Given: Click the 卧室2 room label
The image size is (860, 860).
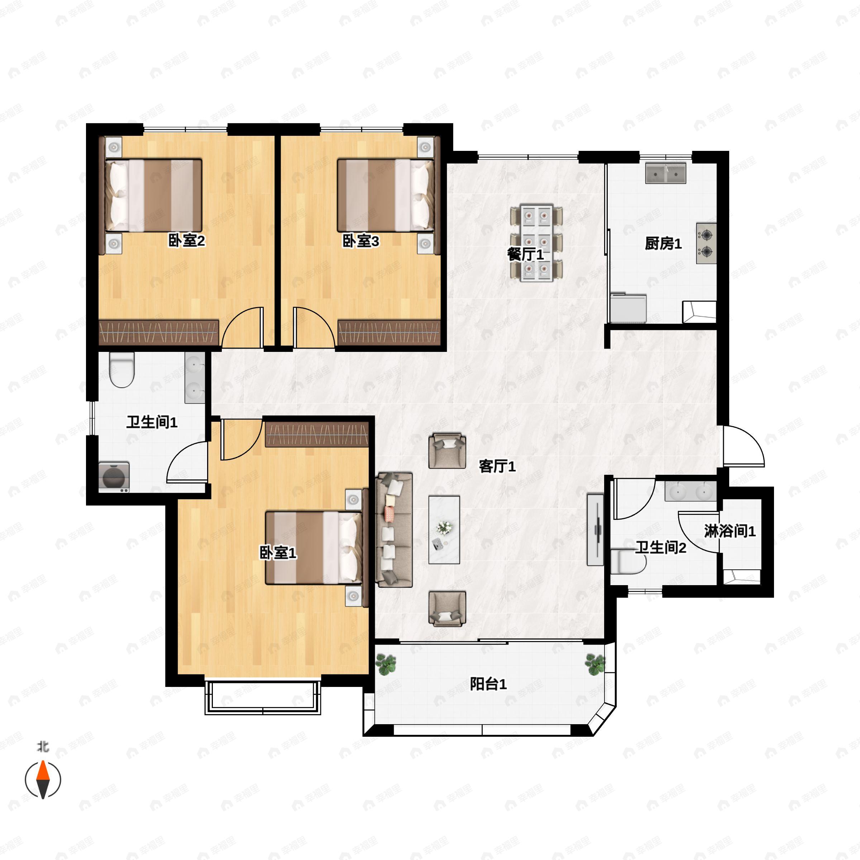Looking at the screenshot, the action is point(186,241).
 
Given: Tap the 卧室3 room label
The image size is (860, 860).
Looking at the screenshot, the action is point(360,241).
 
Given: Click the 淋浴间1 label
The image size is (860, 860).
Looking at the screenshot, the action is point(730,531).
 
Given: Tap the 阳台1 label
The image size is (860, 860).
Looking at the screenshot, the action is point(488,684).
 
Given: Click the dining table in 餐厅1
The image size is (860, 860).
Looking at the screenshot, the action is point(536,243).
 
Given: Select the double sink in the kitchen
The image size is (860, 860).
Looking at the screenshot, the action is point(666,173).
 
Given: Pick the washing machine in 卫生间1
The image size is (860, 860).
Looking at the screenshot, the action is point(114,477).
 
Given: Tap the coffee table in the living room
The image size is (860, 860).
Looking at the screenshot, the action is point(444,530).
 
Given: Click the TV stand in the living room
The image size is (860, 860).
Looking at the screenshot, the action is point(595,530).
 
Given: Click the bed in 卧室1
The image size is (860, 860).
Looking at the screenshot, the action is point(314,548).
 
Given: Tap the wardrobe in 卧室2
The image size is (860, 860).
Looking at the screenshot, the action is point(158,332).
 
